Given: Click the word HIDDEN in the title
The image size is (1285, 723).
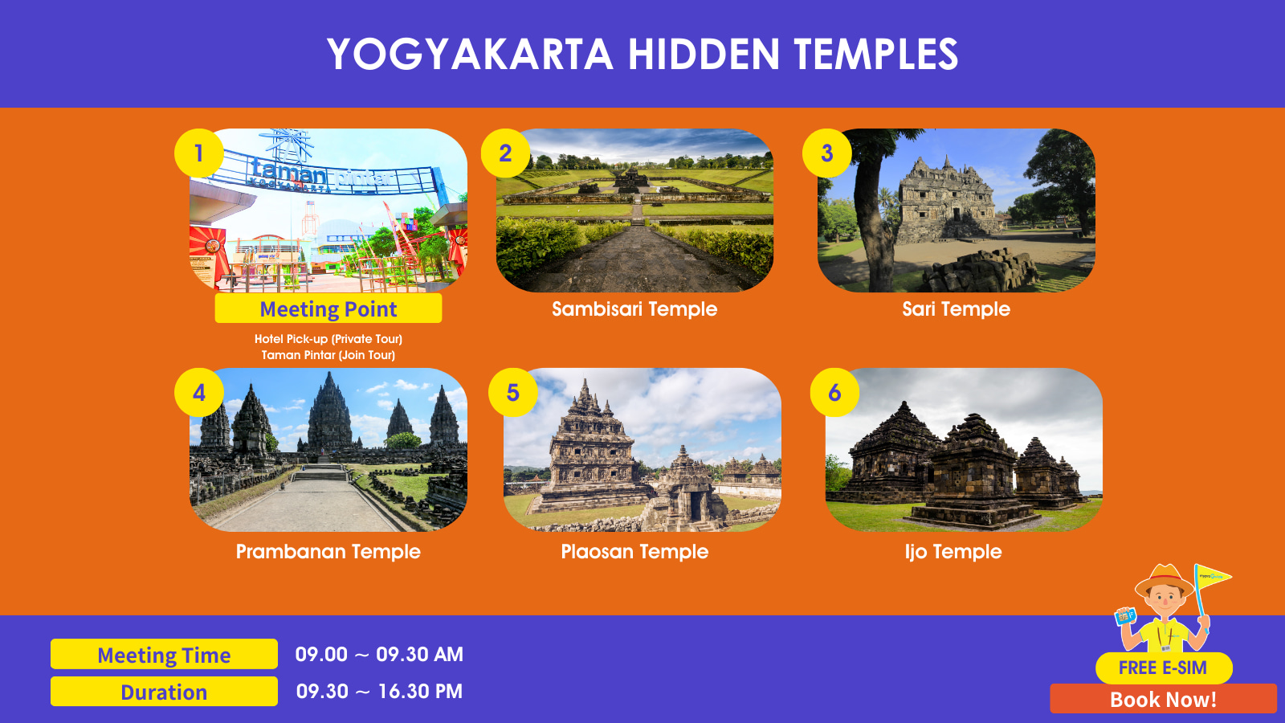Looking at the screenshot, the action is click(x=704, y=54).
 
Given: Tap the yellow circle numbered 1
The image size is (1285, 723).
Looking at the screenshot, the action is click(x=199, y=153).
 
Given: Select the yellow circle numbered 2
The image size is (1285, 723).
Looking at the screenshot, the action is click(x=505, y=153).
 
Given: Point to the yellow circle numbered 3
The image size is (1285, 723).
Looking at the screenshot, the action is click(x=826, y=153).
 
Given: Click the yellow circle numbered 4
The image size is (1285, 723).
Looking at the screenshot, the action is click(x=199, y=393).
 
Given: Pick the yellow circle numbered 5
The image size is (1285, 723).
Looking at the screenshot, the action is click(x=513, y=393).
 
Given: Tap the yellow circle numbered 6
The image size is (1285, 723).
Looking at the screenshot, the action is click(x=834, y=393).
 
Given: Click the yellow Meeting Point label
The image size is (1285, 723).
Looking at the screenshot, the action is click(x=328, y=308).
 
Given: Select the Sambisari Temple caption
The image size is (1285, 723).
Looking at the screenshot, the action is click(x=634, y=309).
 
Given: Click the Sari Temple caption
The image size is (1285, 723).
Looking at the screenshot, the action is click(x=957, y=309).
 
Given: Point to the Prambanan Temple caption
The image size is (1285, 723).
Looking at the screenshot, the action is click(x=328, y=552).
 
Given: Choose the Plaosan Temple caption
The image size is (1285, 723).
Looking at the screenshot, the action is click(x=634, y=552).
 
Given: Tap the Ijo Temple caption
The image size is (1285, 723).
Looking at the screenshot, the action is click(x=953, y=552).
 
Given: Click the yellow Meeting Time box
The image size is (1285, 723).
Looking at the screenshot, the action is click(x=164, y=654).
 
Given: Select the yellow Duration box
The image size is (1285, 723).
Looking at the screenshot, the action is click(x=164, y=692).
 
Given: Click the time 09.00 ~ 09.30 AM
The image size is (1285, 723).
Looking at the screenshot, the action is click(x=379, y=654).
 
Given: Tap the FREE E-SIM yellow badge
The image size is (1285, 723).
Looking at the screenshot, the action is click(x=1164, y=668).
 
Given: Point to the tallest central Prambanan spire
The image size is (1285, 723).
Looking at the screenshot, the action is click(x=329, y=411).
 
